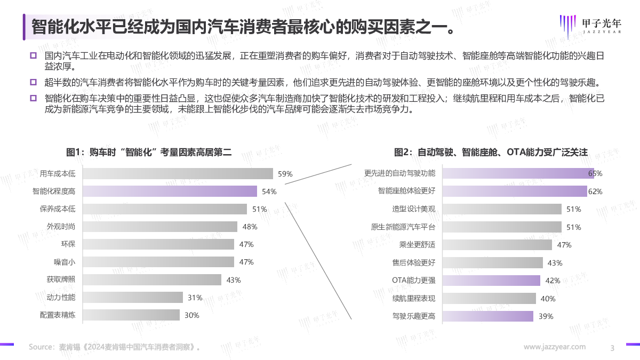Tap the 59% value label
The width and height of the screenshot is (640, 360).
[x=285, y=174]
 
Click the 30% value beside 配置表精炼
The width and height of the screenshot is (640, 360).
[x=192, y=315]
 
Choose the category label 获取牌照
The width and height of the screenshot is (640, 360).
[x=61, y=279]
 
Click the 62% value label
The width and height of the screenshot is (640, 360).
[x=595, y=191]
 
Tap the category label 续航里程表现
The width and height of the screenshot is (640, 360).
[x=414, y=298]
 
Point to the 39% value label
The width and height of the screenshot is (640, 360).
[x=546, y=316]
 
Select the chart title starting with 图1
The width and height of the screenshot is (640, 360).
[x=149, y=152]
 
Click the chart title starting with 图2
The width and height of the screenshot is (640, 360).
[x=491, y=152]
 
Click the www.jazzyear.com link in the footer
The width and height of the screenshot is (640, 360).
[x=555, y=347]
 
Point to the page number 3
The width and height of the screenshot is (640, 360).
[x=612, y=348]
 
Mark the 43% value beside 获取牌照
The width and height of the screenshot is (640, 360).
[x=234, y=280]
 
